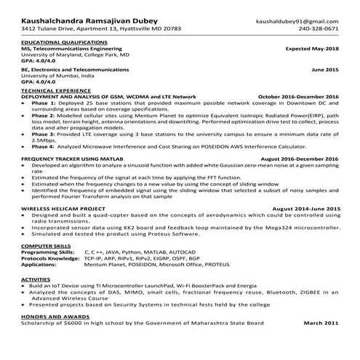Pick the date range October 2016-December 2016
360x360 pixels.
(298, 96)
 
